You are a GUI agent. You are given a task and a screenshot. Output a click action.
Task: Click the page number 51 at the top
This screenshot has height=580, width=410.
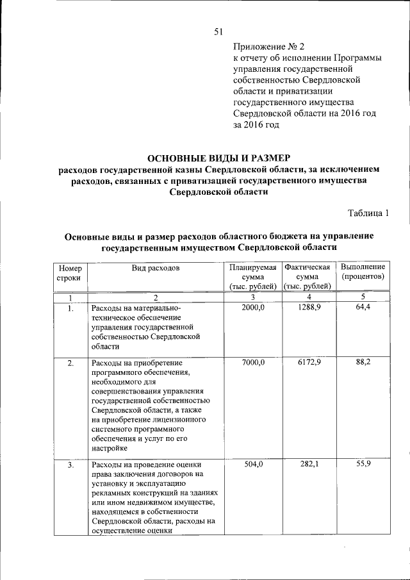[218, 33]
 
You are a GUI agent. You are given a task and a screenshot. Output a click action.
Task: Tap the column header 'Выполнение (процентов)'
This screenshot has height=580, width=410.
[362, 271]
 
